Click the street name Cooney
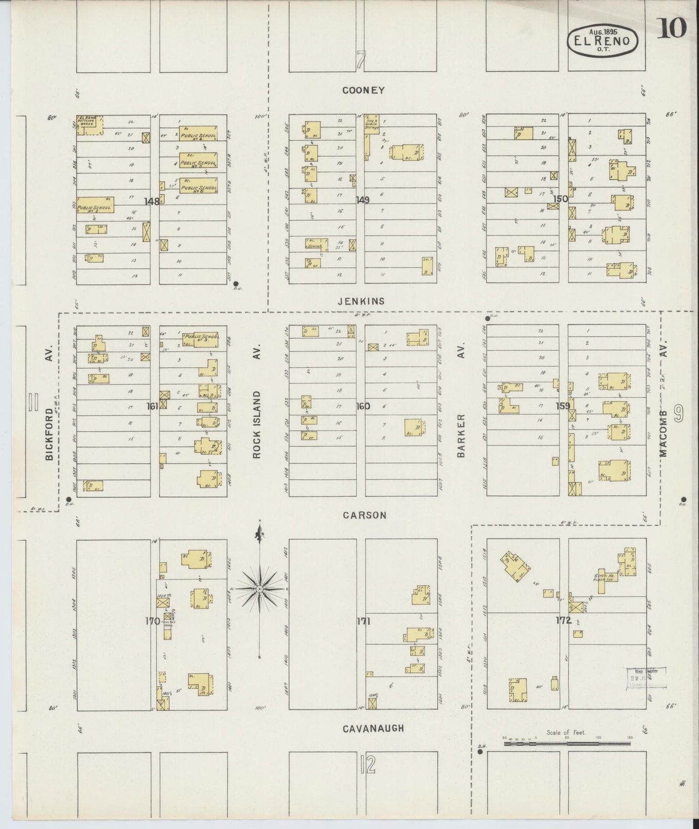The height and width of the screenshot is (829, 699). point(363,90)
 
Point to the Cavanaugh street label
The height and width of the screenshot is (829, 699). point(373,728)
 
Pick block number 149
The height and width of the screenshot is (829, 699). point(362,200)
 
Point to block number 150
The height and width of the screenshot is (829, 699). point(561,198)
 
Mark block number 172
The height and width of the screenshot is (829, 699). point(564,621)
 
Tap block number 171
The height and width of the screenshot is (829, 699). point(363,622)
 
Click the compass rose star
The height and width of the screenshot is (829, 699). point(260,589)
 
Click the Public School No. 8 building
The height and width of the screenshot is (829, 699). point(96,206)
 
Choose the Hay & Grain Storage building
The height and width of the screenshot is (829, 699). point(371,124)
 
